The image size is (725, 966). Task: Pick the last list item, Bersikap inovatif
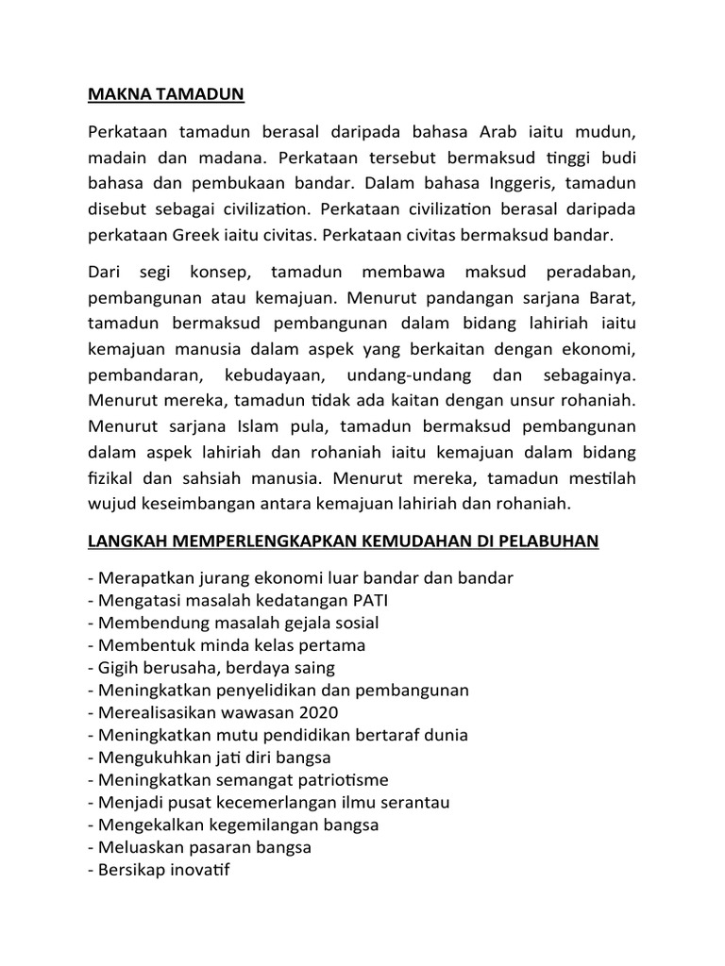coord(162,870)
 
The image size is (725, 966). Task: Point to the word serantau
coord(413,802)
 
